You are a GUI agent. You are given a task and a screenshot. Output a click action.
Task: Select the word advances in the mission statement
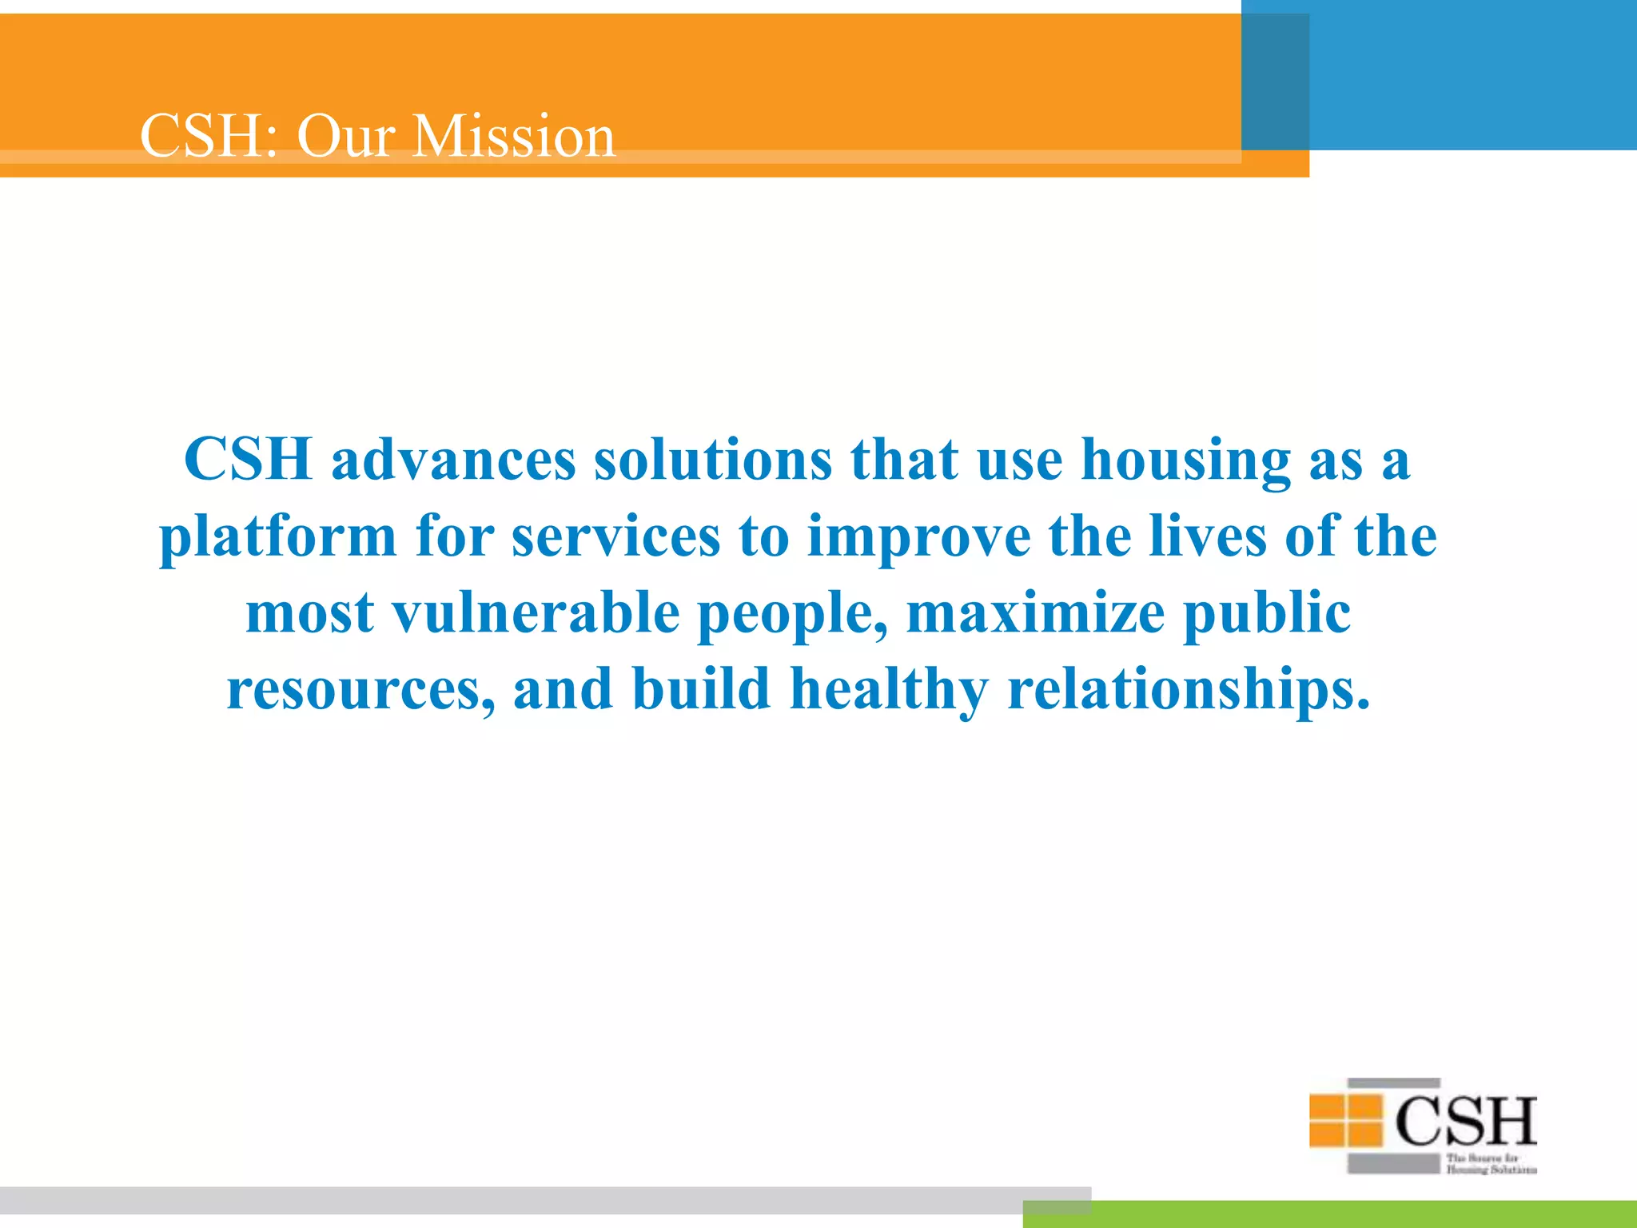click(x=453, y=460)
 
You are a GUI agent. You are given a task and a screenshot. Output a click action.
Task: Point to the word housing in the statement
click(x=1185, y=462)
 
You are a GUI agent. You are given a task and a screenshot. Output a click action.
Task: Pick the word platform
click(x=278, y=537)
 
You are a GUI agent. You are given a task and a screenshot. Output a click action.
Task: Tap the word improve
click(x=919, y=537)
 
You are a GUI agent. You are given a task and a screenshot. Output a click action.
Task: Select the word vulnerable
click(x=536, y=612)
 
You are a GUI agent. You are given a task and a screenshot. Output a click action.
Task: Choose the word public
click(x=1266, y=614)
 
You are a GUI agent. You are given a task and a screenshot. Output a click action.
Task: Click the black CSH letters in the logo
click(x=1466, y=1121)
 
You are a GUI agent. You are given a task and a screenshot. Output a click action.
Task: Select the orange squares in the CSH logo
click(x=1346, y=1119)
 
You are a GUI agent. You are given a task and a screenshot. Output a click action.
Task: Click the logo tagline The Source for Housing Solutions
click(x=1490, y=1164)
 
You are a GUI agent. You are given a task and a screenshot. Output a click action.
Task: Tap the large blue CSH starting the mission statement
click(x=248, y=460)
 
